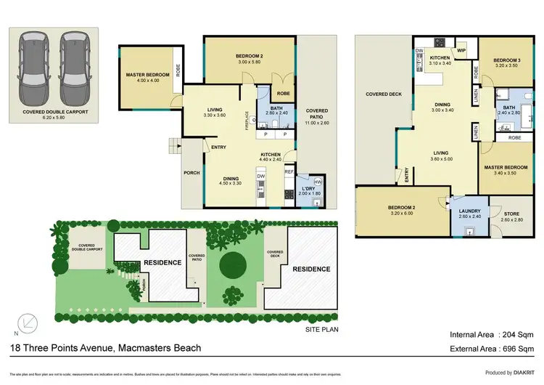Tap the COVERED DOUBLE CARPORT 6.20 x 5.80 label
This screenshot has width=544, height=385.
pyautogui.click(x=55, y=115)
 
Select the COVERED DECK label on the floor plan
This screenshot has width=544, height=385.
pyautogui.click(x=384, y=94)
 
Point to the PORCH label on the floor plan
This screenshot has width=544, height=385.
pyautogui.click(x=191, y=172)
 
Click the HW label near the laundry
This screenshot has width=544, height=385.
pyautogui.click(x=317, y=182)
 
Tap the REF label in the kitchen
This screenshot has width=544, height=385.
pyautogui.click(x=288, y=172)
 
